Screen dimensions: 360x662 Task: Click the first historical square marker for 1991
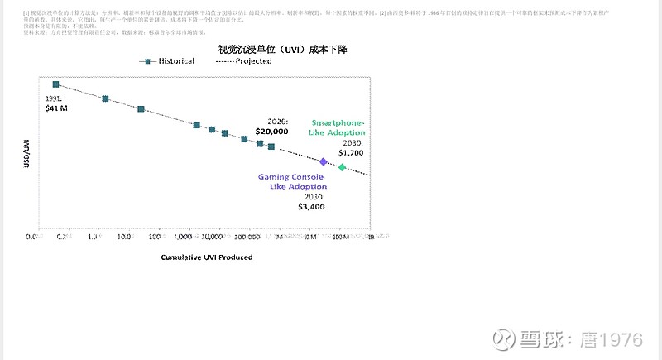(x=56, y=84)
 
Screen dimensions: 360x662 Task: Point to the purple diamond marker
(x=324, y=162)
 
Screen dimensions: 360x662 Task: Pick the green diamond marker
(x=343, y=167)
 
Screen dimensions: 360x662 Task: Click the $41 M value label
(x=56, y=108)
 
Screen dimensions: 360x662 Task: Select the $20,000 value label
(x=271, y=132)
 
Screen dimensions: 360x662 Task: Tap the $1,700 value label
(x=351, y=153)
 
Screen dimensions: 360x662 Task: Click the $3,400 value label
(x=312, y=207)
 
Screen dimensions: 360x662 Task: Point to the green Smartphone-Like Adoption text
(x=337, y=127)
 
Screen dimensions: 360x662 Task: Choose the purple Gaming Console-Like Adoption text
(x=292, y=181)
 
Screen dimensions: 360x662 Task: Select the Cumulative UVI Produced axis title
(x=207, y=257)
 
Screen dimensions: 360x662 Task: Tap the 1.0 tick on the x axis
(x=94, y=237)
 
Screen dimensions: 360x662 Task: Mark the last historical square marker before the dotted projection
(x=271, y=146)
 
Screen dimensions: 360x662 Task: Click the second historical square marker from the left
(x=105, y=98)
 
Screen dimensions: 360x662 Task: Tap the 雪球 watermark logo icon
(x=503, y=340)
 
